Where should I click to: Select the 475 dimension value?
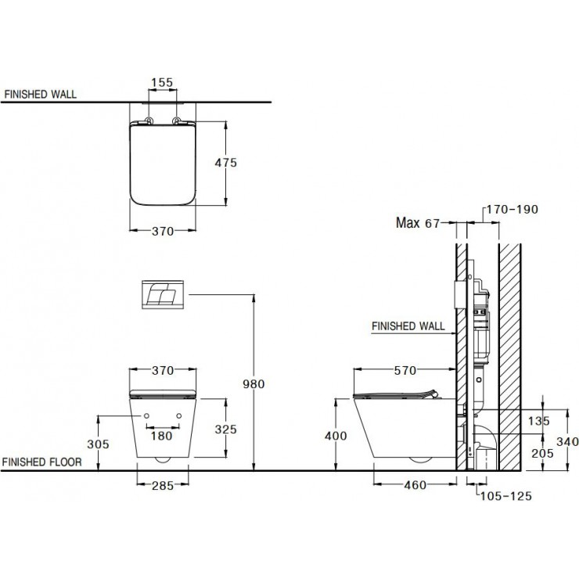(x=225, y=163)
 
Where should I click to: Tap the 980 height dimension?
(x=255, y=384)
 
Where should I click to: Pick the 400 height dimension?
(x=334, y=436)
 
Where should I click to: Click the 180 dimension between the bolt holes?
(x=161, y=435)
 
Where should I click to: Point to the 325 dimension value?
(x=226, y=429)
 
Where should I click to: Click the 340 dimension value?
(x=566, y=441)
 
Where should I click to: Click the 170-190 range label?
(x=512, y=210)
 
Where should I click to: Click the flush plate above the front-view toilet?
(x=162, y=293)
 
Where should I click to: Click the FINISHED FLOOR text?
(x=41, y=462)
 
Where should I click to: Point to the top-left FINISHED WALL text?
(x=40, y=95)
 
